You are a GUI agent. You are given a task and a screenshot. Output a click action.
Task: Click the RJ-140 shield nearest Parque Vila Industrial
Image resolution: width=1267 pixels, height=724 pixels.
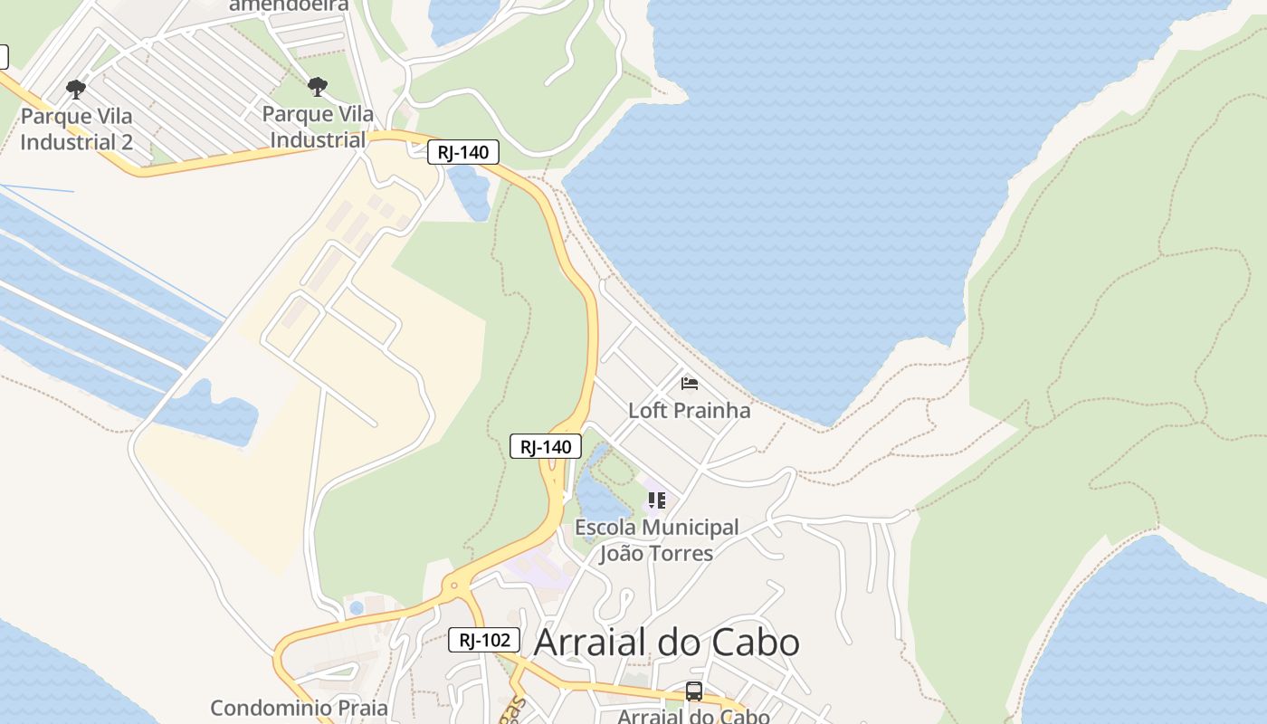(462, 152)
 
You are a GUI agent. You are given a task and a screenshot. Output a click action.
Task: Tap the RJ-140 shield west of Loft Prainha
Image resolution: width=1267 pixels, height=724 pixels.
(545, 446)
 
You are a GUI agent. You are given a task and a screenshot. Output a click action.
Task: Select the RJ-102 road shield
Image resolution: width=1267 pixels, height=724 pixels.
(484, 640)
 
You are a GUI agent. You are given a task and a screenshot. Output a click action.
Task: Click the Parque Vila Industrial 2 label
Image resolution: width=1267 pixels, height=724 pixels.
(76, 129)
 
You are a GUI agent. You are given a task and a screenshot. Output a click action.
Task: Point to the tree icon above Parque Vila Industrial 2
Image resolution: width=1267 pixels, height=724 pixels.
(76, 89)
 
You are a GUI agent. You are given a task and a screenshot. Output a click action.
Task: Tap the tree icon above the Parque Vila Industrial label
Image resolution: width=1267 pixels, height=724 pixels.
(317, 87)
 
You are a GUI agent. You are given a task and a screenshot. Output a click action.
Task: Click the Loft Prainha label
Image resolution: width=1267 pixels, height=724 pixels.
(689, 410)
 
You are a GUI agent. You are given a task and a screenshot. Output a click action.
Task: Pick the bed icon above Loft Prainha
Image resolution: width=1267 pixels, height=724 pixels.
(690, 384)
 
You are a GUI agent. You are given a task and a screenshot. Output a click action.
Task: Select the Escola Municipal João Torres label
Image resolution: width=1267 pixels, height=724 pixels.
(656, 539)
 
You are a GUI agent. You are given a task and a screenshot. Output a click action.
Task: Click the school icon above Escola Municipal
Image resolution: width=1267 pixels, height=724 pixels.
(657, 500)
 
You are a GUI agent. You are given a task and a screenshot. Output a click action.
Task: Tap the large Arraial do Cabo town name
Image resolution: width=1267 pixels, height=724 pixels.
(666, 643)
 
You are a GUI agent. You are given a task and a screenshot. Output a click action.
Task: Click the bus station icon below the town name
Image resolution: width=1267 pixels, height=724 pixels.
(694, 691)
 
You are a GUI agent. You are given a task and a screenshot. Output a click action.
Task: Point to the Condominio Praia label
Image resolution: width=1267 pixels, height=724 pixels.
(299, 708)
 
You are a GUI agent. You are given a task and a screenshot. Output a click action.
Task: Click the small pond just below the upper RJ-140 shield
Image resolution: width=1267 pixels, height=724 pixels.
(471, 193)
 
